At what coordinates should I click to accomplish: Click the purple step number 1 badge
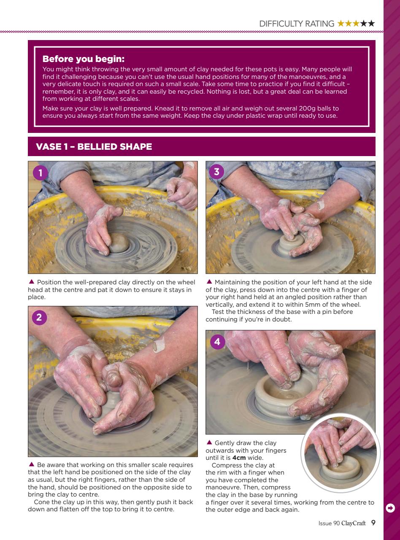40,173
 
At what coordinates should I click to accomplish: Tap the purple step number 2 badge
40,318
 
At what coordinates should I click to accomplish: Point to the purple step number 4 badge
217,342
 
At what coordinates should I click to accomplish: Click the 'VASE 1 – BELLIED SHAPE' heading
94,147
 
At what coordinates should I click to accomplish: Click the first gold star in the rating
341,24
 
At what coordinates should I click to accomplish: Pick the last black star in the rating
371,24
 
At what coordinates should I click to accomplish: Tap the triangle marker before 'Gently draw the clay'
209,443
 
